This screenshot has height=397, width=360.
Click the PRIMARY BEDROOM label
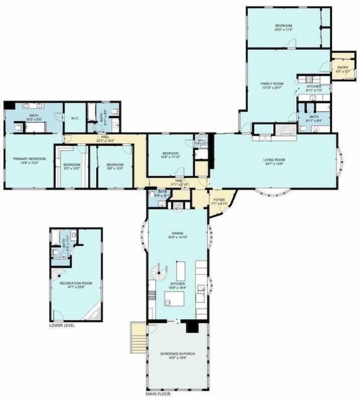tap(30, 159)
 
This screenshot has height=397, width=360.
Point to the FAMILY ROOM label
tap(272, 84)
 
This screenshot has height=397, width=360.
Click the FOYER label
tap(219, 200)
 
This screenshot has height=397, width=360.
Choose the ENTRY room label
tap(343, 68)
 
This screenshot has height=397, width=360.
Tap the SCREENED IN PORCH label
tap(177, 353)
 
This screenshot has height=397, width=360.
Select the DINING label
tap(178, 233)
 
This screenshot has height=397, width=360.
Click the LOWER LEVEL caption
tap(62, 325)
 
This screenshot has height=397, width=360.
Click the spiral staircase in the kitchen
tap(159, 271)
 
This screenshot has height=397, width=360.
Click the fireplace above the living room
tap(286, 129)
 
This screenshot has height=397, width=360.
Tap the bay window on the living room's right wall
tap(340, 160)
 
